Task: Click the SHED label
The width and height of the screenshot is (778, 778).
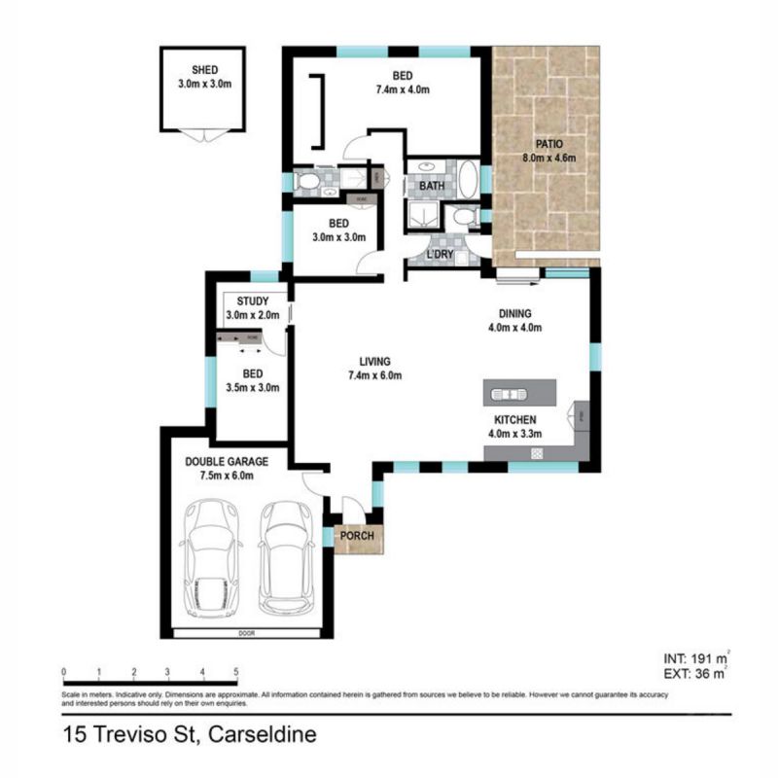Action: (x=204, y=69)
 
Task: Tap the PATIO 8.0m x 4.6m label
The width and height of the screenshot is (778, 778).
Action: (x=549, y=151)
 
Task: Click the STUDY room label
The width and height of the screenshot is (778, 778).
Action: (x=253, y=301)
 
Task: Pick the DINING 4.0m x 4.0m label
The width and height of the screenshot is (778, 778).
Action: (x=514, y=320)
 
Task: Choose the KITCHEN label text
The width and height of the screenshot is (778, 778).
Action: (x=514, y=420)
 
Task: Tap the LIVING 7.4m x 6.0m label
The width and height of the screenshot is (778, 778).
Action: (x=374, y=368)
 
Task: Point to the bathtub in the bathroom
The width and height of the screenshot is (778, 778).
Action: (x=467, y=181)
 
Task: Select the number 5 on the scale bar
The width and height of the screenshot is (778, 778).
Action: (x=236, y=672)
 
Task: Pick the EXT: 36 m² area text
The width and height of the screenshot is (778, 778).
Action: (x=693, y=671)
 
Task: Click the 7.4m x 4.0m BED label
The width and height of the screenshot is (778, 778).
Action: (x=404, y=82)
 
